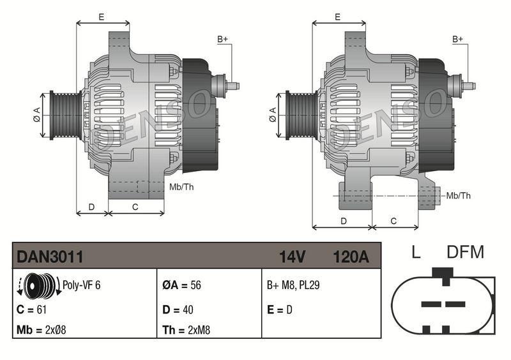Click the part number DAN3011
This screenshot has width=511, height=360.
coord(50,257)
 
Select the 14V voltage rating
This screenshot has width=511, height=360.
coord(292,257)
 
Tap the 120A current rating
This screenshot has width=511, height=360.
coord(351,257)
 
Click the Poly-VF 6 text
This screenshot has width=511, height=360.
coord(81,285)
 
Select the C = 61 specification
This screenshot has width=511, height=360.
coord(33,310)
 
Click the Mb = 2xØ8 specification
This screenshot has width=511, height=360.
coord(42,330)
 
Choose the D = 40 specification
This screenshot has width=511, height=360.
coord(178,310)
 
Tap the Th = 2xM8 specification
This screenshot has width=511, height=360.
coord(186,330)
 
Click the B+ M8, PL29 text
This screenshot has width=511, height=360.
coord(293,285)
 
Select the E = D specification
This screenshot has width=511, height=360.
coord(280,310)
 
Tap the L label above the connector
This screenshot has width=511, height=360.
coord(416,252)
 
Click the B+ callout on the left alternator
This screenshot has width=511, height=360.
coord(223,40)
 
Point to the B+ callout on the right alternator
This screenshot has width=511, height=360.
coord(457,40)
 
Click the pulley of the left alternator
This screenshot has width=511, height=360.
coord(64,114)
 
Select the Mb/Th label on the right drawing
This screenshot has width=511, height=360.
coord(459,195)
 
